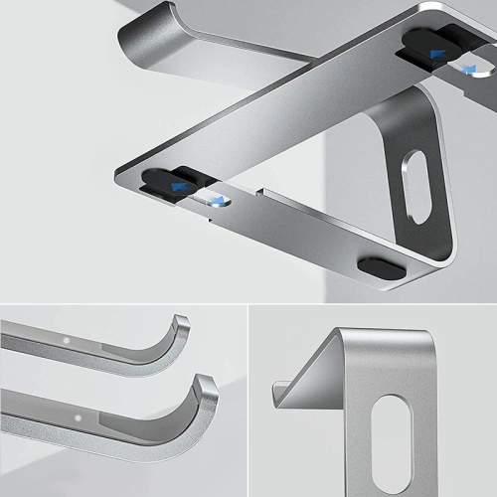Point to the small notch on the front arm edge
click(x=260, y=191)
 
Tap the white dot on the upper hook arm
click(x=67, y=340)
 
